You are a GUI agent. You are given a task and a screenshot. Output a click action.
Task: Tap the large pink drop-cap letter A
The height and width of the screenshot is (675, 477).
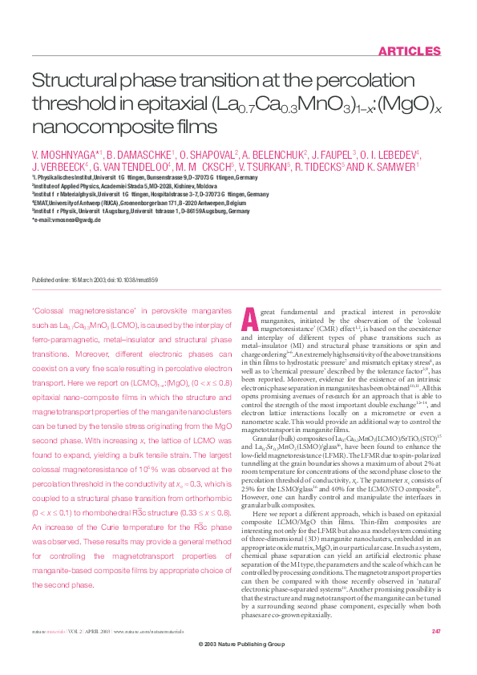[x=249, y=318]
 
